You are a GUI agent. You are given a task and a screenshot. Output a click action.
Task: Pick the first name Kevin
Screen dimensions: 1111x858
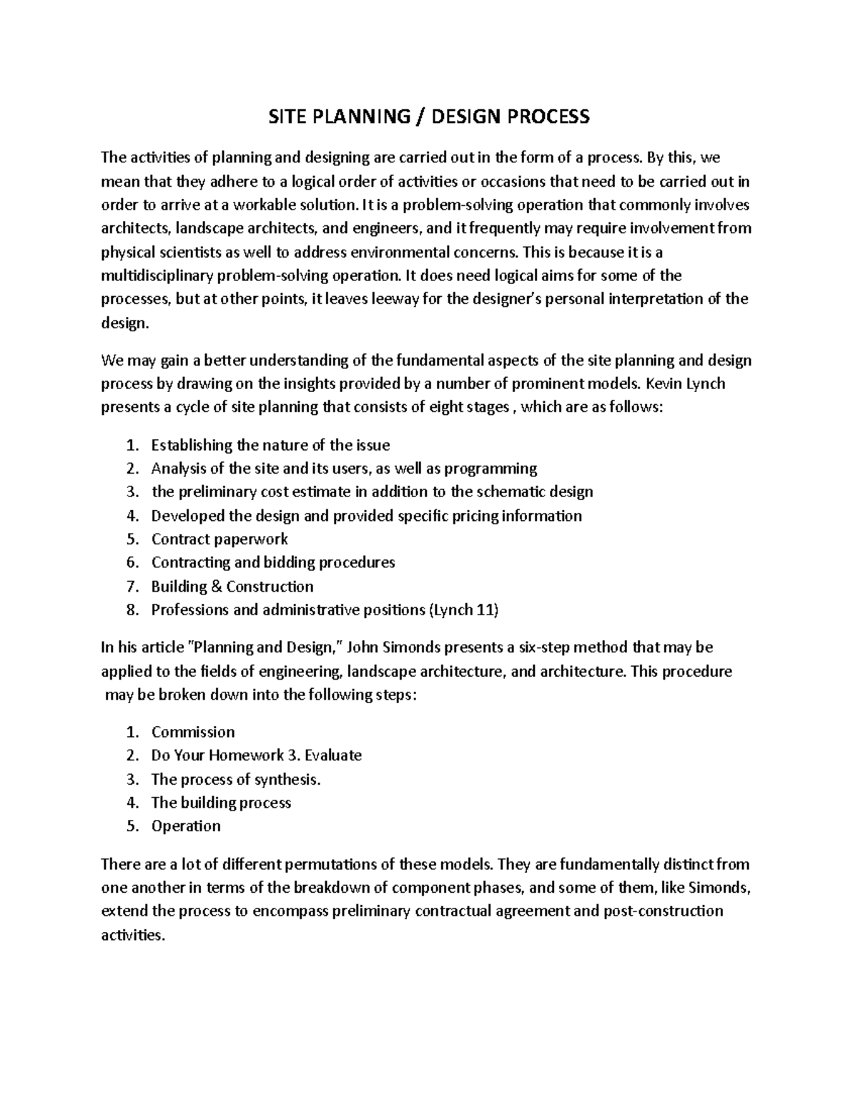point(664,383)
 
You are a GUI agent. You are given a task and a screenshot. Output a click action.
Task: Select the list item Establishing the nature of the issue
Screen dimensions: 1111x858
point(270,445)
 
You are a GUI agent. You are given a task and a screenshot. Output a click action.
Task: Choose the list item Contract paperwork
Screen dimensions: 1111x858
point(220,539)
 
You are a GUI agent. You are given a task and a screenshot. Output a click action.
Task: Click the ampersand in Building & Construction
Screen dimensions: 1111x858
point(217,586)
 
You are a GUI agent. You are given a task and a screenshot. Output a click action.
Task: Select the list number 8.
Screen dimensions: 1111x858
point(130,610)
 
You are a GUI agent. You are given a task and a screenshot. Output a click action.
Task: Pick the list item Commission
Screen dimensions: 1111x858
point(192,732)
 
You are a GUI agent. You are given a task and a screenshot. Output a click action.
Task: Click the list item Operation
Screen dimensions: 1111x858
point(186,826)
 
